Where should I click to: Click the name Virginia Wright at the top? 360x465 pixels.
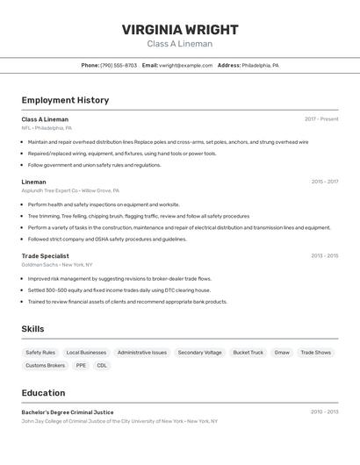tap(180, 30)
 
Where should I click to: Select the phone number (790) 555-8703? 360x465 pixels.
tap(119, 65)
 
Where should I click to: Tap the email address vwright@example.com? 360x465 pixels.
tap(186, 65)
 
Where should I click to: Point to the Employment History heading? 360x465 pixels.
tap(65, 100)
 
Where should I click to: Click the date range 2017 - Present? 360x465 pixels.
tap(321, 119)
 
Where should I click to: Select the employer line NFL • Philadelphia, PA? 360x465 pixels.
tap(47, 127)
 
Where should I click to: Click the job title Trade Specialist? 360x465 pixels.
tap(46, 256)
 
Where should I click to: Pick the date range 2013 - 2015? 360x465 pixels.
tap(324, 256)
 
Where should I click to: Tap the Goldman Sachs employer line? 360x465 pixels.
tap(57, 264)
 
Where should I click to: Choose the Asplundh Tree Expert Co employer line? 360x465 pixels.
tap(70, 190)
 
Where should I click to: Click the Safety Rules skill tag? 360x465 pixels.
tap(40, 353)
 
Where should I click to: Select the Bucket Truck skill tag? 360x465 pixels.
tap(248, 353)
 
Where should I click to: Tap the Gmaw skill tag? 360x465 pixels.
tap(282, 353)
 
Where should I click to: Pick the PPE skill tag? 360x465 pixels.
tap(81, 365)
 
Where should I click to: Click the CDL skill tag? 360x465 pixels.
tap(102, 365)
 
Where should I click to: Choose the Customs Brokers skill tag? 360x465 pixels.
tap(45, 365)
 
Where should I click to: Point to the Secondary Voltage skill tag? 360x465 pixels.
tap(200, 353)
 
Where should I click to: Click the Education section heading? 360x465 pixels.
tap(43, 393)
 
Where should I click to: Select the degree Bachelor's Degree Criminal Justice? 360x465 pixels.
tap(68, 412)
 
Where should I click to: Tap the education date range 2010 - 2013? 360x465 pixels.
tap(324, 412)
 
